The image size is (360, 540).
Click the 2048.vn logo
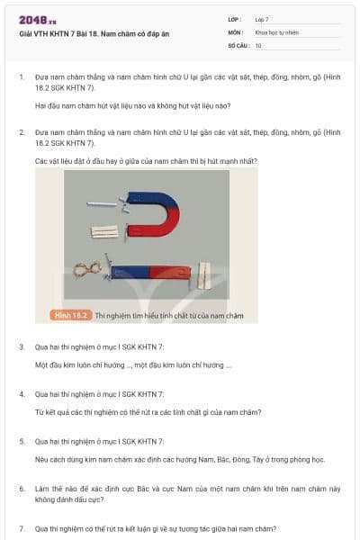click(38, 20)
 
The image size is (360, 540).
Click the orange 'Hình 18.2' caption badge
click(71, 315)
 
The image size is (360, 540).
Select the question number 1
click(22, 77)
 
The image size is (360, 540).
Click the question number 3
click(22, 346)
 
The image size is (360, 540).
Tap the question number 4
click(22, 394)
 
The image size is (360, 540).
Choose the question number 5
click(22, 442)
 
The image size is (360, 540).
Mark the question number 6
click(22, 489)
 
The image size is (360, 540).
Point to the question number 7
click(22, 528)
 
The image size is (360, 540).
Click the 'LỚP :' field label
click(235, 19)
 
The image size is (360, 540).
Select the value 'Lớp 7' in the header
click(262, 19)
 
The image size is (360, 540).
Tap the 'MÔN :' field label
click(236, 31)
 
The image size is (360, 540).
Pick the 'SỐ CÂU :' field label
click(238, 44)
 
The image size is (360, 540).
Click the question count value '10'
click(258, 44)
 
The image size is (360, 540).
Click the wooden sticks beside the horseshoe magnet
click(105, 232)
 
